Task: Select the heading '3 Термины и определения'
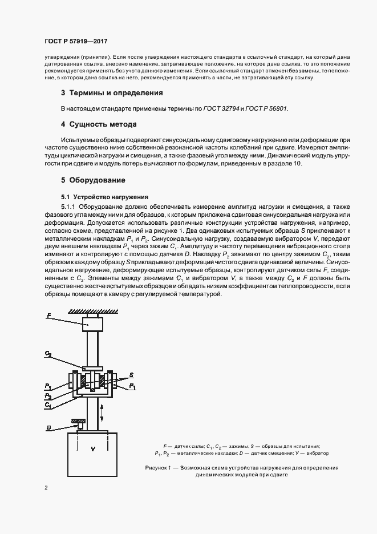(x=112, y=92)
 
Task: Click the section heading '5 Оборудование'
(x=93, y=180)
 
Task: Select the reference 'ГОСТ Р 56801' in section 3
(x=267, y=108)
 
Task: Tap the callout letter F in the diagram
(x=48, y=315)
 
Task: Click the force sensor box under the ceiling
(x=92, y=325)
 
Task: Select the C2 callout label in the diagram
(x=48, y=355)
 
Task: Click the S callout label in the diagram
(x=132, y=374)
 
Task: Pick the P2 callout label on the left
(x=48, y=395)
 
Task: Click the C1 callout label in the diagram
(x=48, y=404)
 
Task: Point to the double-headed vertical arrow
(x=102, y=411)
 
